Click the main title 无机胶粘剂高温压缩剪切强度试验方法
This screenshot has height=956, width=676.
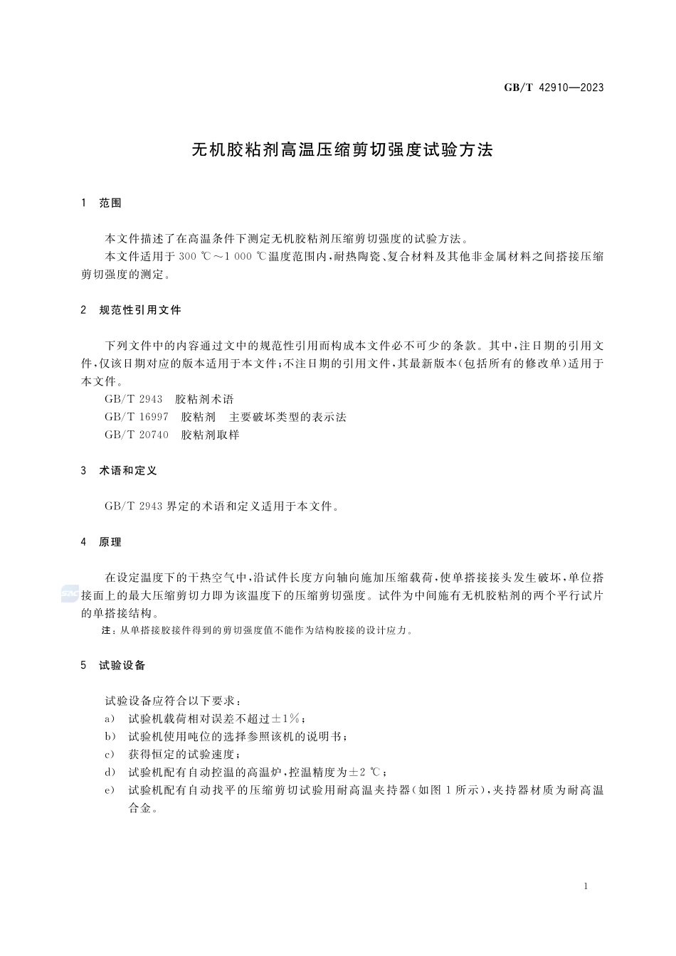[343, 150]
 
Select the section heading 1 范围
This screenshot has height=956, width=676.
[102, 203]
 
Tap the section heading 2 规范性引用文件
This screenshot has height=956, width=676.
[132, 310]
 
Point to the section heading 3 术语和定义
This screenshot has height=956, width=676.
[120, 471]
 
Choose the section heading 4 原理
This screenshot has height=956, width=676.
[102, 542]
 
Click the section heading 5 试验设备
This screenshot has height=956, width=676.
[114, 665]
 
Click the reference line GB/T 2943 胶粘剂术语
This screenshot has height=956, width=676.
[169, 399]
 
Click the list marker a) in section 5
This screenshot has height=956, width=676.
[110, 718]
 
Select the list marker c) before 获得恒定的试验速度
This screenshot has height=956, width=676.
[110, 754]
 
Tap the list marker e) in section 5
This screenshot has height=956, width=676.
[110, 790]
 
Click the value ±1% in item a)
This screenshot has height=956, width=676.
[287, 718]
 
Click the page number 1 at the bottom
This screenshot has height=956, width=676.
[585, 886]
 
